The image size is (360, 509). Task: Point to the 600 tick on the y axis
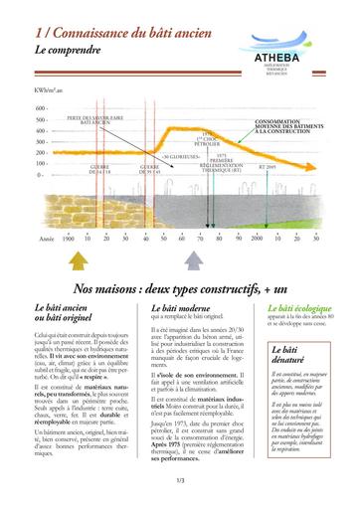point(41,108)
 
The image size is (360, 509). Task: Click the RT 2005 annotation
point(269,168)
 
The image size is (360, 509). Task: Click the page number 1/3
point(180,480)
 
